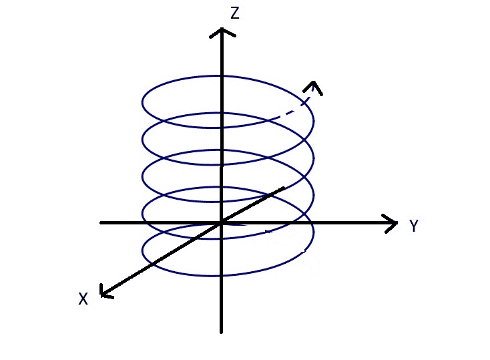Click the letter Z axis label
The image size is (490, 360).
pyautogui.click(x=234, y=13)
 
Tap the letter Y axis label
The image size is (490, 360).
pyautogui.click(x=414, y=226)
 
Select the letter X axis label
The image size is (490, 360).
pyautogui.click(x=83, y=299)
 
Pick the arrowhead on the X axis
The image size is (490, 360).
pyautogui.click(x=104, y=292)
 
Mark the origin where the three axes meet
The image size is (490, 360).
pyautogui.click(x=221, y=222)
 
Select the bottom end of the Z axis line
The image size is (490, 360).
pyautogui.click(x=221, y=331)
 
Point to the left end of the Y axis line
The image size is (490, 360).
pyautogui.click(x=101, y=222)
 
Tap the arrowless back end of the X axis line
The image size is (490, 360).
pyautogui.click(x=284, y=188)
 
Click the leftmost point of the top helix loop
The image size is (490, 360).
pyautogui.click(x=142, y=103)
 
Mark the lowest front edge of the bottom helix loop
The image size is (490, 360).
pyautogui.click(x=220, y=275)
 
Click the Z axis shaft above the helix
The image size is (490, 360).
pyautogui.click(x=221, y=57)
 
